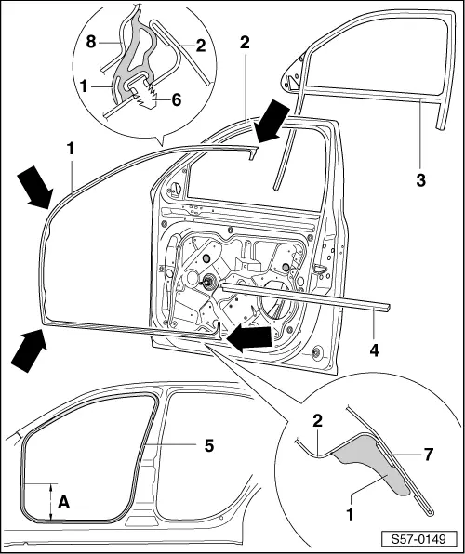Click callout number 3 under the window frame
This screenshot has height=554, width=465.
(x=420, y=180)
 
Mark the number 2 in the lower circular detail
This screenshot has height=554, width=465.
(x=317, y=422)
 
